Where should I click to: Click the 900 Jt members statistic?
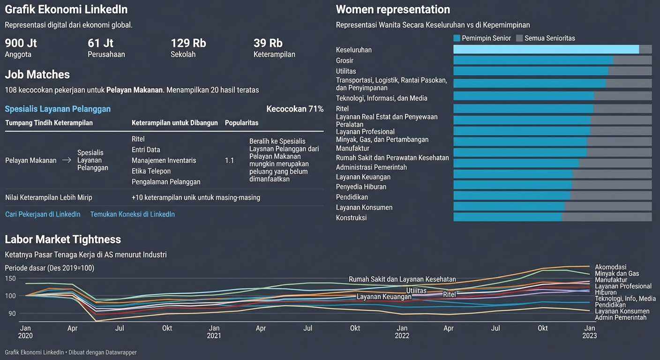coord(21,43)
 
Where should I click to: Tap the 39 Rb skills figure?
coord(268,43)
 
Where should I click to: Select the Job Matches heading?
coord(37,75)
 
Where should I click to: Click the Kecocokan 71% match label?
coord(295,109)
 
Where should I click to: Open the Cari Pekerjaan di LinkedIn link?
coord(43,214)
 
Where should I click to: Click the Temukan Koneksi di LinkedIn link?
coord(132,214)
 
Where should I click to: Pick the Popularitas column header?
coord(241,123)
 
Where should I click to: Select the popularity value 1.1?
coord(229,160)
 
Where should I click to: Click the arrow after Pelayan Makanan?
coord(67,160)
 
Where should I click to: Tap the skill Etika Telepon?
coord(151,171)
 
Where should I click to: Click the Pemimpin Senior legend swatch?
coord(457,38)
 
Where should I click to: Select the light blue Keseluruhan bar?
coord(546,49)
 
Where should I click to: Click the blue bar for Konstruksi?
coord(507,217)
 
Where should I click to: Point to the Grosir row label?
coord(345,60)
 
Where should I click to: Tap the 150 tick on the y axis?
coord(10,278)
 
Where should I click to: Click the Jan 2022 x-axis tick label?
coord(402,332)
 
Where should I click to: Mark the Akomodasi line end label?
coord(610,267)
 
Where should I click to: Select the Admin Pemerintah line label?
coord(620,317)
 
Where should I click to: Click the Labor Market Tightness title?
coord(63,239)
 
